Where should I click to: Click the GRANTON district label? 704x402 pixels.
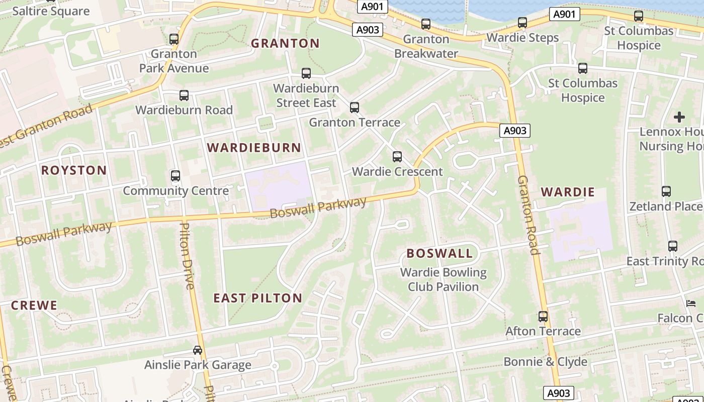pyautogui.click(x=285, y=43)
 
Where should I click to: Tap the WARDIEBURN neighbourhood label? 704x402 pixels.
pyautogui.click(x=254, y=147)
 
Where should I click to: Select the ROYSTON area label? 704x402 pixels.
pyautogui.click(x=74, y=170)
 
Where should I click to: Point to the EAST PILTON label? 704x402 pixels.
pyautogui.click(x=257, y=298)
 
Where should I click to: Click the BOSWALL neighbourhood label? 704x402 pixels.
pyautogui.click(x=439, y=253)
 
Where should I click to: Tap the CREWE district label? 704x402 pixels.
pyautogui.click(x=34, y=305)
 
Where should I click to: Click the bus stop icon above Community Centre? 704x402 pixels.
pyautogui.click(x=175, y=176)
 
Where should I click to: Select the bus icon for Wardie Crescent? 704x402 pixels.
pyautogui.click(x=397, y=157)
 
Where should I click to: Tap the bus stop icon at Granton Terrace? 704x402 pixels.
pyautogui.click(x=355, y=108)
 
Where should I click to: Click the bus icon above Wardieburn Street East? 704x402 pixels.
pyautogui.click(x=306, y=73)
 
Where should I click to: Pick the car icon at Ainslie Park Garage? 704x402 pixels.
pyautogui.click(x=198, y=350)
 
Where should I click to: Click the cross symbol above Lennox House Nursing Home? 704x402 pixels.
pyautogui.click(x=679, y=117)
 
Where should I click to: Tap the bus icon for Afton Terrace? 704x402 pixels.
pyautogui.click(x=543, y=317)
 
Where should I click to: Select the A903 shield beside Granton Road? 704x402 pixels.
pyautogui.click(x=515, y=131)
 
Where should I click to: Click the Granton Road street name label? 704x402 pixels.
pyautogui.click(x=528, y=215)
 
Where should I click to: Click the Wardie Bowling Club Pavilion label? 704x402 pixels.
pyautogui.click(x=443, y=280)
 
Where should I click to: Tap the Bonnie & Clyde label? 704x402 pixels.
pyautogui.click(x=545, y=362)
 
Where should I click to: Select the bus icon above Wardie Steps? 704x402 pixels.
pyautogui.click(x=522, y=23)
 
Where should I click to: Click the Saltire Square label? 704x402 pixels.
pyautogui.click(x=50, y=11)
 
